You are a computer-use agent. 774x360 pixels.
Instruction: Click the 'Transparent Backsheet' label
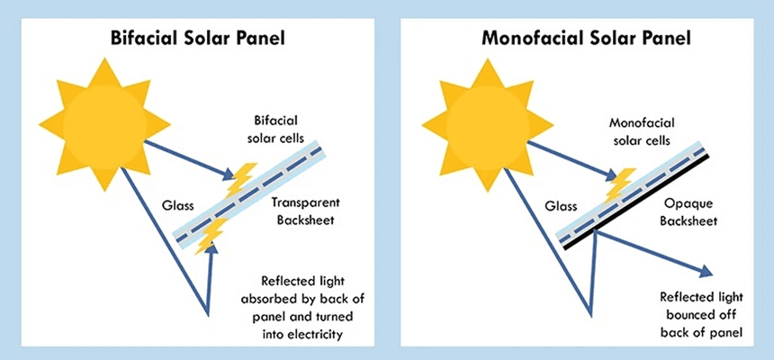click(x=303, y=211)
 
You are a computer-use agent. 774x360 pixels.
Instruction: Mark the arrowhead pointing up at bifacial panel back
click(x=211, y=251)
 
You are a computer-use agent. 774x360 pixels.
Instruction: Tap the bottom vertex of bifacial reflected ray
click(x=209, y=315)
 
